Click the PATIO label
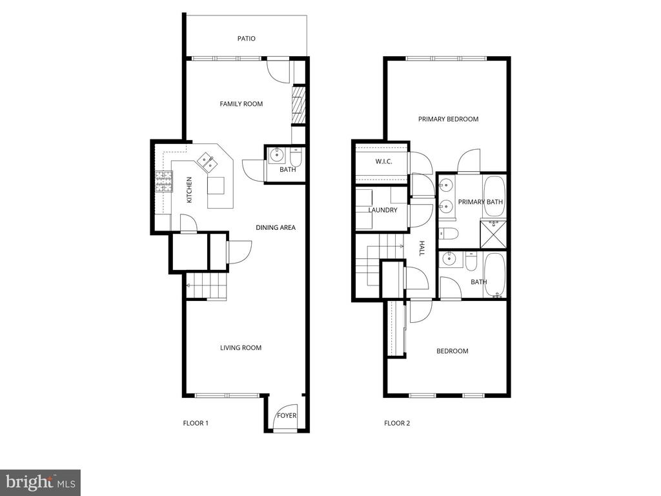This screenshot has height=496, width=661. (x=246, y=38)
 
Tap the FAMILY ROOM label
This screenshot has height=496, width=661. (x=241, y=104)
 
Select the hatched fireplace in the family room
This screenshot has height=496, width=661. (x=298, y=105)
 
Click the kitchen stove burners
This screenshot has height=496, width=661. (x=164, y=181)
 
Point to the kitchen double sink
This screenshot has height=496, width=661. (x=207, y=162)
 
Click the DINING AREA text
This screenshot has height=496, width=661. (x=276, y=227)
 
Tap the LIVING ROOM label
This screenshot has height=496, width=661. (x=241, y=347)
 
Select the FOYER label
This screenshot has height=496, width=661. (x=287, y=415)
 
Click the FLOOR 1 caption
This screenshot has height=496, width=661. (x=196, y=423)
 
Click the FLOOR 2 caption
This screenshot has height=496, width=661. (x=397, y=423)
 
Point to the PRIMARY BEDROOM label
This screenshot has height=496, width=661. (x=448, y=119)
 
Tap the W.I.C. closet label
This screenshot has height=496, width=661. (x=383, y=161)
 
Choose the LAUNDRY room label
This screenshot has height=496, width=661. (x=383, y=210)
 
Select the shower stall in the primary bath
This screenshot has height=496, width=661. (x=493, y=234)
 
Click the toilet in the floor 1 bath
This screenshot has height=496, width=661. (x=296, y=157)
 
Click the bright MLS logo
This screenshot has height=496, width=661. (x=41, y=482)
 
